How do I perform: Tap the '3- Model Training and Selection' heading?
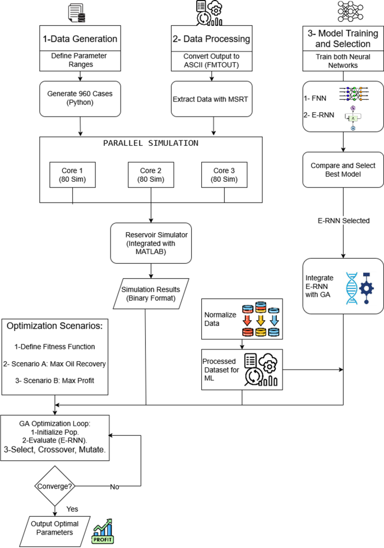click(344, 39)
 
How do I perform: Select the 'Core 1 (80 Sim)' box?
click(72, 174)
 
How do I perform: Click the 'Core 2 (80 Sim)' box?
click(150, 174)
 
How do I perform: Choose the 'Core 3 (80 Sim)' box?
click(225, 174)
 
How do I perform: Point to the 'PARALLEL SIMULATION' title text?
click(150, 142)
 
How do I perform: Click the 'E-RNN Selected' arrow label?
click(343, 220)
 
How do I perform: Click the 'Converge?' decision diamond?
click(55, 485)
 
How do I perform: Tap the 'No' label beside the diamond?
click(114, 486)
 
